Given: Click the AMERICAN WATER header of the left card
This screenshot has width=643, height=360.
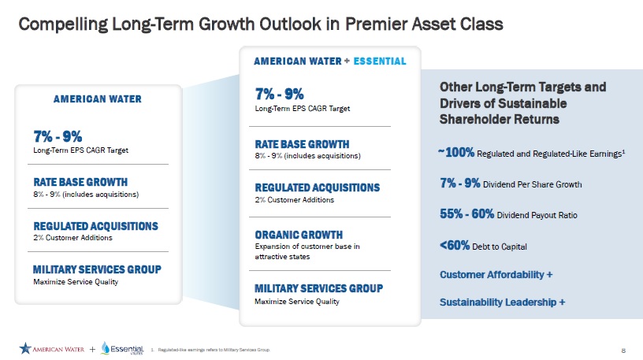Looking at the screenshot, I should pyautogui.click(x=97, y=99).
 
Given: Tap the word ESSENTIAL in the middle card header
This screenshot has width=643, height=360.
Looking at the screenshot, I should pyautogui.click(x=381, y=61).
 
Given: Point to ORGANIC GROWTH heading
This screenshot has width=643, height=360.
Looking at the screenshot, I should pyautogui.click(x=298, y=235).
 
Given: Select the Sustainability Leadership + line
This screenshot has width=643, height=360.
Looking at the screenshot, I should pyautogui.click(x=502, y=302).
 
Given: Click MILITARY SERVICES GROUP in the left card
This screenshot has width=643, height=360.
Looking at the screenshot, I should pyautogui.click(x=97, y=270).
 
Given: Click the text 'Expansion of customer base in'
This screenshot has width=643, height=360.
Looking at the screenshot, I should pyautogui.click(x=307, y=247).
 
